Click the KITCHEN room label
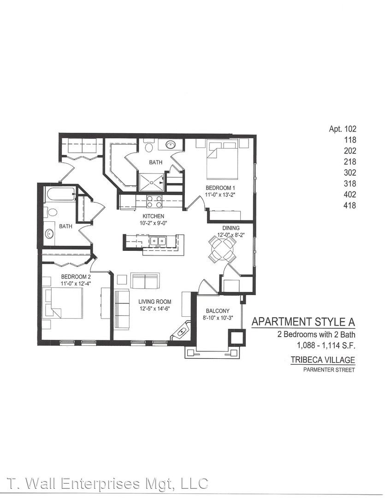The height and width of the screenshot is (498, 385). [x=154, y=216]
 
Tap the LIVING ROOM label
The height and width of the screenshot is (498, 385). [x=155, y=302]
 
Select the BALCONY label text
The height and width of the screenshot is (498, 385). [x=218, y=311]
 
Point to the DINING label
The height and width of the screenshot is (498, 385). [x=231, y=228]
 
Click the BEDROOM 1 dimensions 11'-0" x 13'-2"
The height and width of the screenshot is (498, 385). [x=220, y=195]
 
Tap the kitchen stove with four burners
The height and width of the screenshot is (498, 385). [x=154, y=202]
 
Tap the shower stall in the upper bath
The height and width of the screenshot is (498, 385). [x=151, y=182]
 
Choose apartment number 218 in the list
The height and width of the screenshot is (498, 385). [x=350, y=162]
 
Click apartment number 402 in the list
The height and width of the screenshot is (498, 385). [x=350, y=195]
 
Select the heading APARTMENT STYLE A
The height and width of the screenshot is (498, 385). [x=303, y=322]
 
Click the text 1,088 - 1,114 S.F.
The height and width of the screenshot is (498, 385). [x=326, y=345]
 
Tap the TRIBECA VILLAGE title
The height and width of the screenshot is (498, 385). [x=323, y=360]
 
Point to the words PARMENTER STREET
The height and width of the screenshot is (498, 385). [x=329, y=370]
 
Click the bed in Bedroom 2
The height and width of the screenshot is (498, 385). [x=64, y=302]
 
